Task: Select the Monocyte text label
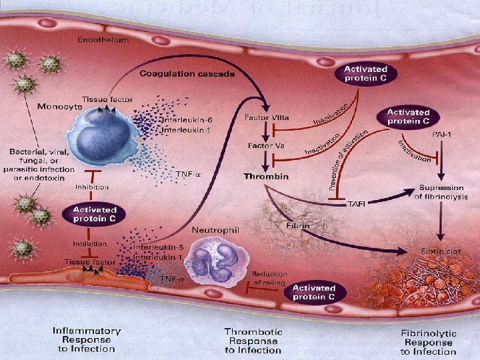pyautogui.click(x=61, y=106)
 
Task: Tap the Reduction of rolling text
pyautogui.click(x=269, y=278)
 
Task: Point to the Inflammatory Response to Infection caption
pyautogui.click(x=87, y=339)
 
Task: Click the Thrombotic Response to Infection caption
pyautogui.click(x=253, y=341)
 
